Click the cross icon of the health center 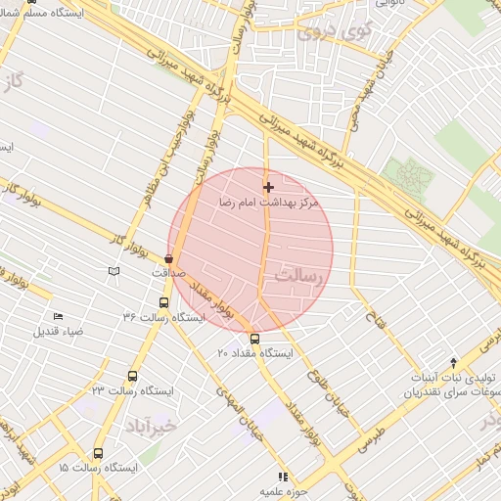coord(268,187)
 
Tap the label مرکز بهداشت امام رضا coord(268,203)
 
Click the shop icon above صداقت coord(168,258)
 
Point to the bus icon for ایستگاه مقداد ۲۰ coord(255,339)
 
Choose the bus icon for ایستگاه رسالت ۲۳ coord(133,376)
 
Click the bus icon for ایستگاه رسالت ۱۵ coord(98,453)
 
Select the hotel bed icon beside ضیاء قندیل coord(58,317)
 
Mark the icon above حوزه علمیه coord(283,477)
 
